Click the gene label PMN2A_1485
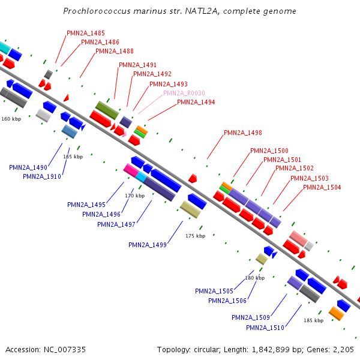click(86, 33)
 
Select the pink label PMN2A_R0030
click(184, 93)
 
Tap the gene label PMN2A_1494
click(196, 103)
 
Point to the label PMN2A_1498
click(242, 133)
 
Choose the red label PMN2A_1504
click(322, 188)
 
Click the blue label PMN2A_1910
click(42, 176)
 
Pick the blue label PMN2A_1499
click(148, 245)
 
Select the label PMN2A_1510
click(265, 328)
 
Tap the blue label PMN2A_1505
click(214, 291)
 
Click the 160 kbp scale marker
click(11, 119)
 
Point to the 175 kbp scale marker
click(195, 236)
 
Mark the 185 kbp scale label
click(313, 320)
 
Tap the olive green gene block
click(107, 110)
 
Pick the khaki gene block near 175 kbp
click(191, 210)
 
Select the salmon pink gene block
click(298, 238)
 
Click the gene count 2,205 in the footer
click(343, 349)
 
